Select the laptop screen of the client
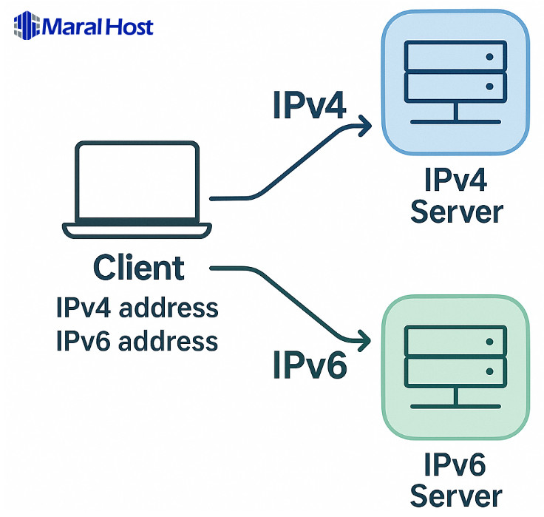point(138,181)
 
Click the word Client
point(139,267)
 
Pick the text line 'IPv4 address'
point(137,307)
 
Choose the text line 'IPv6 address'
point(137,341)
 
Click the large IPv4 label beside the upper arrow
point(309,107)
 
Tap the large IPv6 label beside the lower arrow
point(310,364)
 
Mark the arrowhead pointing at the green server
point(364,341)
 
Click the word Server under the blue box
point(456,212)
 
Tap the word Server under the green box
point(456,495)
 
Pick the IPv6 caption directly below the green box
point(455,465)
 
